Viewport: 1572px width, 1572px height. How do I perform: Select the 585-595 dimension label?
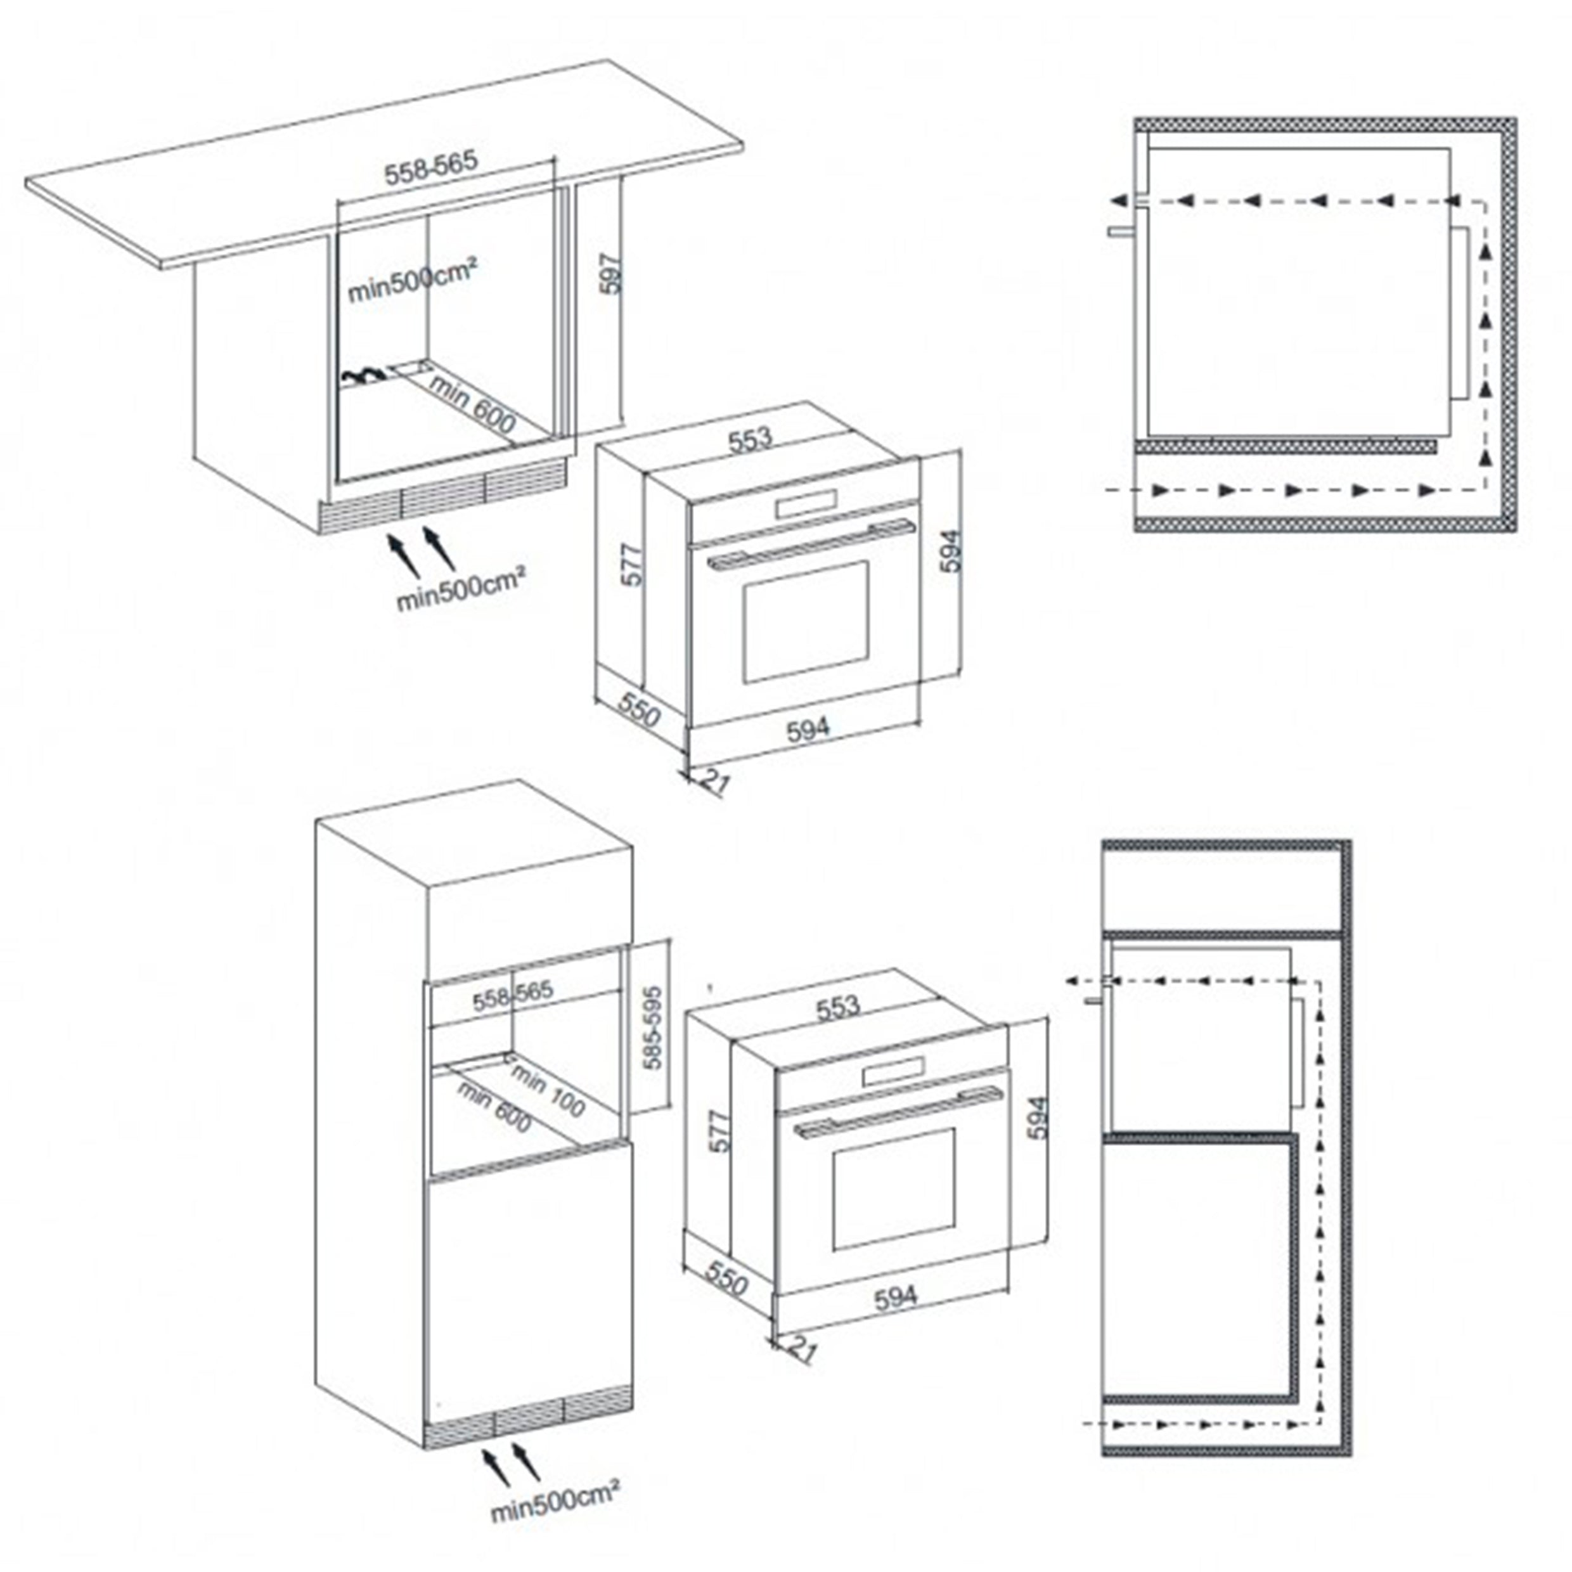coord(652,1027)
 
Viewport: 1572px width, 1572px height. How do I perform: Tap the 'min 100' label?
coord(548,1090)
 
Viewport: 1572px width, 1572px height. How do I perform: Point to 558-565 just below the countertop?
coord(430,167)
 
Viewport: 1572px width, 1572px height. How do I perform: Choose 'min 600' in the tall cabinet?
coord(494,1107)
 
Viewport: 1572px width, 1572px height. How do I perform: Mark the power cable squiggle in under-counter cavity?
coord(362,375)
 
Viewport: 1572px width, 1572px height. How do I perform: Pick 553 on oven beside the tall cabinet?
coord(838,1007)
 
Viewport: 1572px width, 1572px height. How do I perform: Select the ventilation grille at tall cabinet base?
coord(527,1423)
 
